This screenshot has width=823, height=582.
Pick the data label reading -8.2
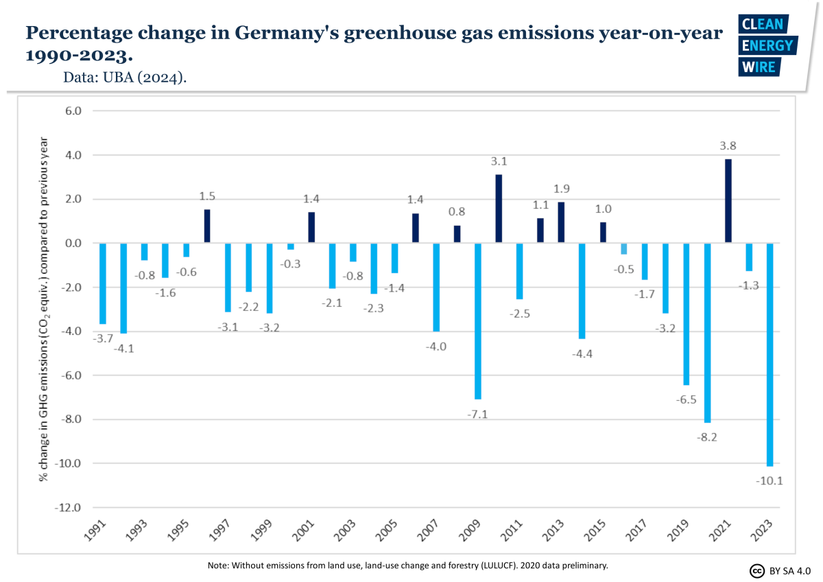pos(708,436)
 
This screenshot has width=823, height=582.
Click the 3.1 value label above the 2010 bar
pos(499,162)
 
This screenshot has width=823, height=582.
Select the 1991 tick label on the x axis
pos(97,531)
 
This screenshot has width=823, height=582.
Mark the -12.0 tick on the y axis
pos(69,508)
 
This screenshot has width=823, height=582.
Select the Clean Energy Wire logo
pos(766,45)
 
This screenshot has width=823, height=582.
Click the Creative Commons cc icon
pos(757,570)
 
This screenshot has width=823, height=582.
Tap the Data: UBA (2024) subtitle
pos(125,78)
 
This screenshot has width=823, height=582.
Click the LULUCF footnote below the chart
pos(407,566)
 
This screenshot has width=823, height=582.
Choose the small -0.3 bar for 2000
pos(291,246)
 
